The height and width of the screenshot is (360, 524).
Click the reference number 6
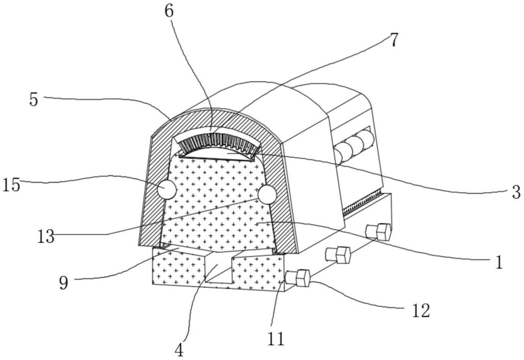coord(169,12)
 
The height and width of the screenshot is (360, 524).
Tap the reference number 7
coord(395,40)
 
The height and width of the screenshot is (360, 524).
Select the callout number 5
coord(34,100)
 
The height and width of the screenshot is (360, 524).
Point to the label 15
coord(12,185)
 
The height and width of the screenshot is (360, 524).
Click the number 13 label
coord(46,237)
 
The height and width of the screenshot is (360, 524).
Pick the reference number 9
coord(63,283)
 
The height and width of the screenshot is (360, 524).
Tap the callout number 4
coord(179,351)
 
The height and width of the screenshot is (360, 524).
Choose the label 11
coord(276,339)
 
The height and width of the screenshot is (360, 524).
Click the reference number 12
coord(421,311)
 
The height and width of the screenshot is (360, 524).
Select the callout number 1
coord(499,263)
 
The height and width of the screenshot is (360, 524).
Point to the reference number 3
coord(516,192)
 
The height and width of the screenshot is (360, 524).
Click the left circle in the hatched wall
coord(167,189)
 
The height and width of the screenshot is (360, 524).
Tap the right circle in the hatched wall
coord(267,194)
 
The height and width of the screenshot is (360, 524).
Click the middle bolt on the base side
coord(338,255)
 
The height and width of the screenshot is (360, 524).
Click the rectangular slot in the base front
coord(218,267)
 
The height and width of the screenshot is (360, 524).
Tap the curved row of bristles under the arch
coord(219,141)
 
